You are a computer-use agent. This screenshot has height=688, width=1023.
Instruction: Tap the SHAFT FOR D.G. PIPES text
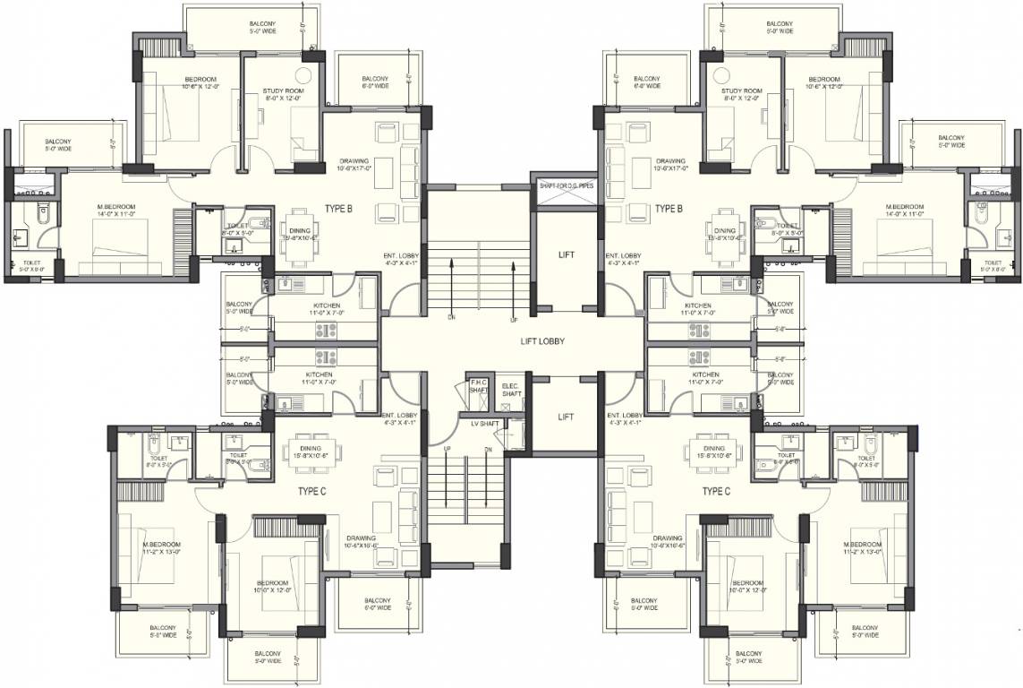pos(567,185)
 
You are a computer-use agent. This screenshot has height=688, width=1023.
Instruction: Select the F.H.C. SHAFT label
pos(478,385)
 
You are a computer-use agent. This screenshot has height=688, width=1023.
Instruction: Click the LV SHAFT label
pos(484,424)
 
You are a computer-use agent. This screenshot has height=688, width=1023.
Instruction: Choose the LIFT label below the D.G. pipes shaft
pos(566,254)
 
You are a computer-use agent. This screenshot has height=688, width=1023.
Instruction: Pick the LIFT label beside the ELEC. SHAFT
pos(566,417)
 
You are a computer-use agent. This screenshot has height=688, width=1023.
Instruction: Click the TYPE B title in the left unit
pos(338,209)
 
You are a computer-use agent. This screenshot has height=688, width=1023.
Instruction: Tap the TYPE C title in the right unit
pos(716,491)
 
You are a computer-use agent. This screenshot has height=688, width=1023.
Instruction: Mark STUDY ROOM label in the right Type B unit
pos(742,95)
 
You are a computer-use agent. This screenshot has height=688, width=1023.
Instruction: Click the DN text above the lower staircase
pos(488,448)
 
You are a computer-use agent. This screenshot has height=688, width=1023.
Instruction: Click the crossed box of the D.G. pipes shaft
pos(567,201)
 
